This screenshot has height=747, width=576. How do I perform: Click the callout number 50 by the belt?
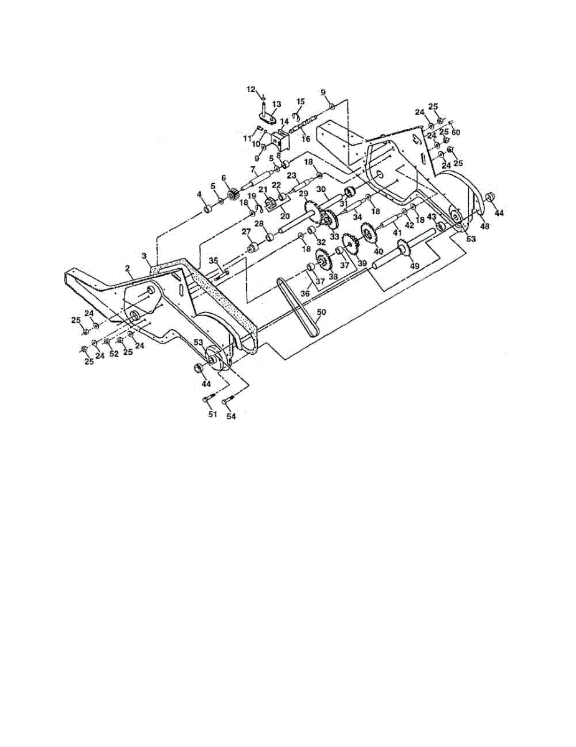(x=321, y=312)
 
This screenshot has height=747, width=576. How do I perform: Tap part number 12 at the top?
(x=251, y=90)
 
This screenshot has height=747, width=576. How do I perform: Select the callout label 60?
(x=456, y=133)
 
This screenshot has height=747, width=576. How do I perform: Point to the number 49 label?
(x=415, y=265)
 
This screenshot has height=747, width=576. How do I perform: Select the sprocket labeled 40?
(x=367, y=232)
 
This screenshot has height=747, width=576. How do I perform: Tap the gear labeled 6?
(x=233, y=195)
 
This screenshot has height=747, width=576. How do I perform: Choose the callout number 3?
(x=144, y=256)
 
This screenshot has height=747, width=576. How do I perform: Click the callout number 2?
(x=128, y=268)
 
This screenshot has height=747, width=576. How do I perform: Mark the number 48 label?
(x=484, y=226)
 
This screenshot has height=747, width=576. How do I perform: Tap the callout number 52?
(x=114, y=354)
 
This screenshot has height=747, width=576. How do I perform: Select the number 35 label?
(x=213, y=260)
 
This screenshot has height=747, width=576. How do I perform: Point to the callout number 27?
(x=246, y=232)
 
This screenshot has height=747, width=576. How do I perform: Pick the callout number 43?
(x=432, y=217)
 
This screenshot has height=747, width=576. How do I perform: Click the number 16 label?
(x=306, y=139)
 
